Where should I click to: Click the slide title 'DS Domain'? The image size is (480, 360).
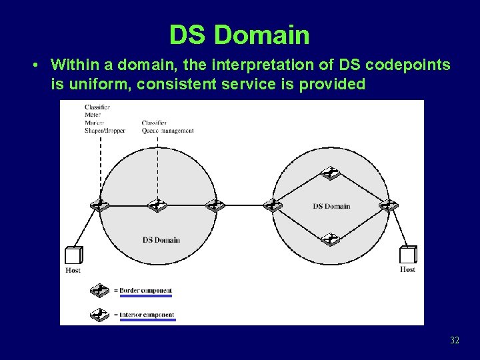click(x=239, y=35)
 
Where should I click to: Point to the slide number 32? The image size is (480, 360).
click(x=455, y=341)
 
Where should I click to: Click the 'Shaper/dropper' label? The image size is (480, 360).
click(x=105, y=131)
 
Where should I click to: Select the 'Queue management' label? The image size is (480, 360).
click(x=167, y=131)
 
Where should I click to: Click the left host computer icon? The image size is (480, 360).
click(x=73, y=255)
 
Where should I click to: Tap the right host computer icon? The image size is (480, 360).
click(x=408, y=255)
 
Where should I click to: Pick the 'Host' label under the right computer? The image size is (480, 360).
click(x=407, y=270)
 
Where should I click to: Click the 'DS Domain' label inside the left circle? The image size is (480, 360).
click(x=161, y=240)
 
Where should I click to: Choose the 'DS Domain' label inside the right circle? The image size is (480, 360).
click(x=331, y=206)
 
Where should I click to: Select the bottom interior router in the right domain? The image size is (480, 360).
click(x=330, y=238)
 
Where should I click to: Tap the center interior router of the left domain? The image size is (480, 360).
click(x=157, y=205)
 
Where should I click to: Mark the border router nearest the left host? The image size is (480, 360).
click(x=100, y=205)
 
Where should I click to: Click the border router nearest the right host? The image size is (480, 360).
click(x=388, y=205)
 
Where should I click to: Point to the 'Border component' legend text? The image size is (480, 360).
click(x=145, y=291)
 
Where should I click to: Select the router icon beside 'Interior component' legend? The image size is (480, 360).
click(x=99, y=313)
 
